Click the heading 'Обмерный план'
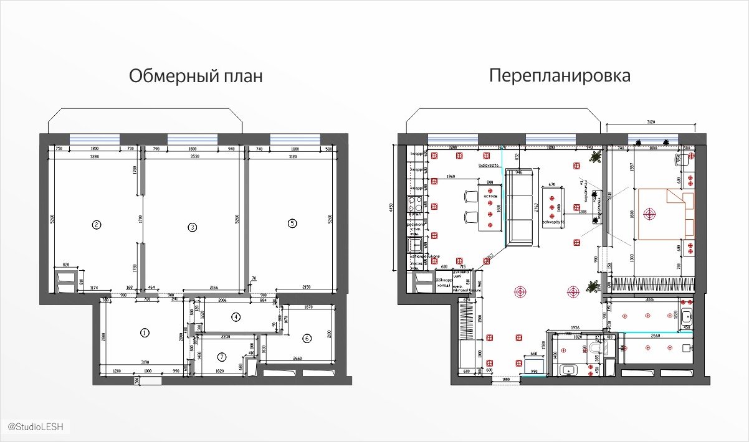pos(196,77)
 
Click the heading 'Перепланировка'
pos(560,76)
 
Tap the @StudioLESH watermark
pos(36,426)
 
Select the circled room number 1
pos(145,332)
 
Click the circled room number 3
pos(193,228)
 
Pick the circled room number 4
pos(236,317)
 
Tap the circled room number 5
pos(292,223)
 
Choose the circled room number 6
pos(307,339)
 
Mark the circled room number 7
pos(221,357)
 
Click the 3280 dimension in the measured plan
pos(95,158)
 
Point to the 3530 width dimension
pos(193,158)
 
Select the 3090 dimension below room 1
pos(145,362)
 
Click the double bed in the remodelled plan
pos(664,214)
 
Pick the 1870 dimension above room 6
pos(306,307)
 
